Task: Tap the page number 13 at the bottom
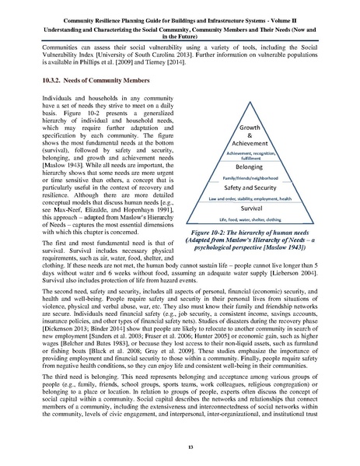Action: (180, 447)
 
